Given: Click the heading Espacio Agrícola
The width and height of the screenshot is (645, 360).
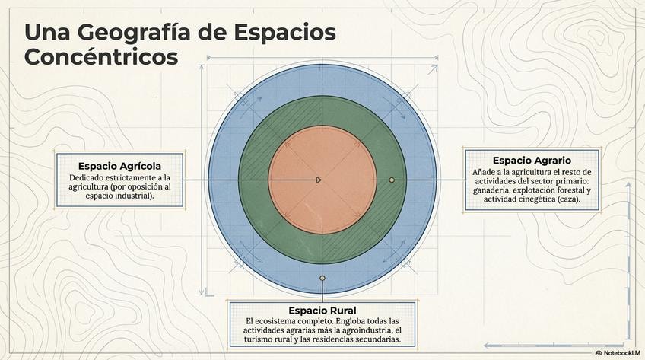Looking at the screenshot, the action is coord(119,166).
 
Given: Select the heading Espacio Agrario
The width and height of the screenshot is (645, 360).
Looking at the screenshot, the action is coord(532,161).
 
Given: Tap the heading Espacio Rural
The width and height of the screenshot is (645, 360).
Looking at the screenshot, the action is coord(322,311).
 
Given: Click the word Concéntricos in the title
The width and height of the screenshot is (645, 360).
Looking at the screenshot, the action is coord(101,57).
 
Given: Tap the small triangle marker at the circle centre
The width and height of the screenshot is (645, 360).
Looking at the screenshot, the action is coord(319,180).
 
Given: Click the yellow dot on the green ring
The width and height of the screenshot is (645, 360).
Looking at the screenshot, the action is coord(392,180).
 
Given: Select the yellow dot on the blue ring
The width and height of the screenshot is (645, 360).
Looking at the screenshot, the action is coord(322,279).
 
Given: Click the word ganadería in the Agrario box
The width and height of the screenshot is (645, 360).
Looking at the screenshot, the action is coord(494,190).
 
